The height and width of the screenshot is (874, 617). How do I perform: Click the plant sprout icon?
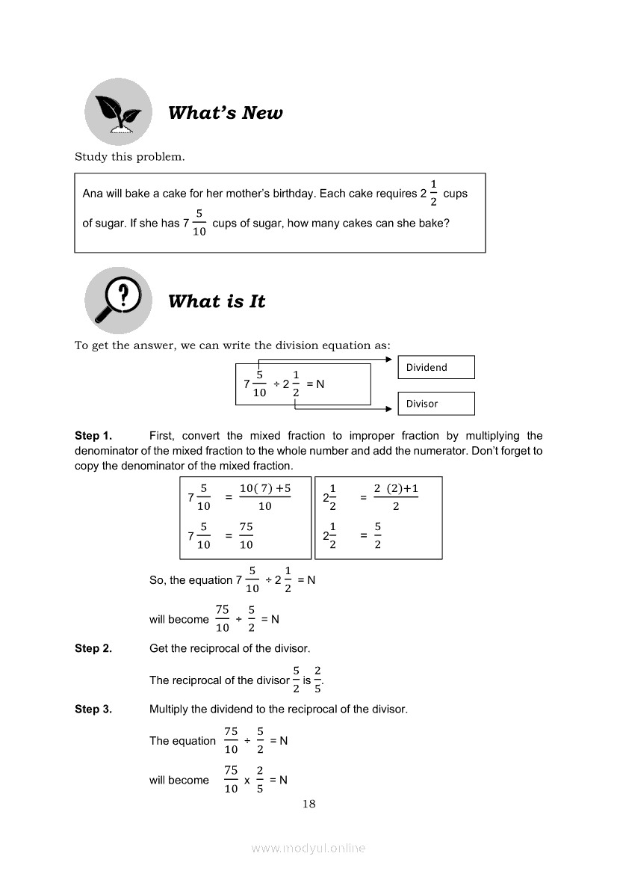click(118, 111)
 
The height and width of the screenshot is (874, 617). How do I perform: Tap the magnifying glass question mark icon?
click(117, 300)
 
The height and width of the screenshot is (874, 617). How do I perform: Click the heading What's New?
click(225, 113)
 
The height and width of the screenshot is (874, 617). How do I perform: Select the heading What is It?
click(217, 301)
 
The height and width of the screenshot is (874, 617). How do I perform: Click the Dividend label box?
click(435, 367)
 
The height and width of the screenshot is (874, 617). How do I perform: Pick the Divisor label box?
click(435, 404)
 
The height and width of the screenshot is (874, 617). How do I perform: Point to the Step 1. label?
click(93, 436)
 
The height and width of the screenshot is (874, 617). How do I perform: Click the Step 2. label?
click(93, 649)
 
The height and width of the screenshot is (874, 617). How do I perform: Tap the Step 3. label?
click(93, 710)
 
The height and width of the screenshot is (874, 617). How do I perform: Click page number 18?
click(309, 804)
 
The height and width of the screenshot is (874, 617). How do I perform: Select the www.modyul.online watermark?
click(308, 849)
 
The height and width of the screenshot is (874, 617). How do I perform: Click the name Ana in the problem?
click(92, 194)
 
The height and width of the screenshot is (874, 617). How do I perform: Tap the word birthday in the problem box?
click(293, 194)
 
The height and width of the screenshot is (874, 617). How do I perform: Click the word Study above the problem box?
click(90, 157)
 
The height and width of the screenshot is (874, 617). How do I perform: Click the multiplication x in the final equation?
click(247, 781)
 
